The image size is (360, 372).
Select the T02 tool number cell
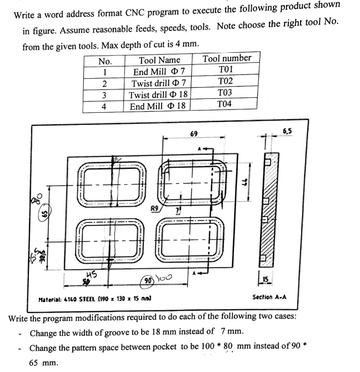point(226,82)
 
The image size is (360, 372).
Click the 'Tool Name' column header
point(159,59)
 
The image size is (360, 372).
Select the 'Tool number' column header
point(227,58)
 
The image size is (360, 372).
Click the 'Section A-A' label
point(271,297)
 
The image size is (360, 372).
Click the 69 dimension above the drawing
point(193,134)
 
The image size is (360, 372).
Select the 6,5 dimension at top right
point(288,132)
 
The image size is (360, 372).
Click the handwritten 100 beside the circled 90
point(165,278)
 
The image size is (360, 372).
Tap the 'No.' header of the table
point(104,60)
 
